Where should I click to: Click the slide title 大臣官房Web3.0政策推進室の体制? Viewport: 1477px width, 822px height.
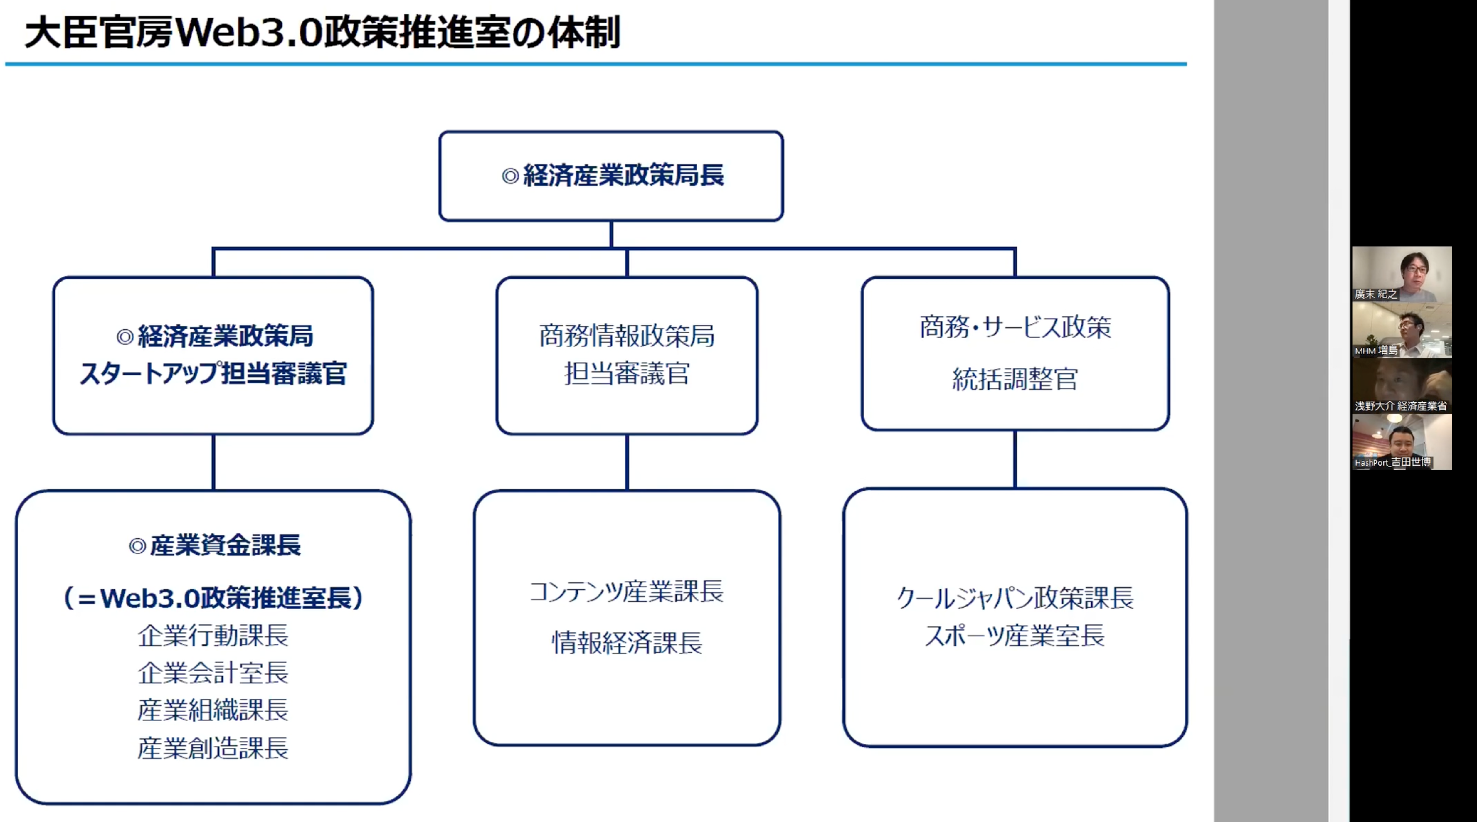(322, 33)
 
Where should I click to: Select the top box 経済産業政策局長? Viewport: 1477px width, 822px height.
(611, 176)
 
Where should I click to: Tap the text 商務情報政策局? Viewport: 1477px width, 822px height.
(627, 336)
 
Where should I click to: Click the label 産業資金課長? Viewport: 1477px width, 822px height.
(225, 545)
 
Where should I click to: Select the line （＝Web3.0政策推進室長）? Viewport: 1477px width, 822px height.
(213, 598)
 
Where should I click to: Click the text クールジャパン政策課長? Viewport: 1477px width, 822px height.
(1015, 598)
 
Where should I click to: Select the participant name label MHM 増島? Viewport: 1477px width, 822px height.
(1376, 350)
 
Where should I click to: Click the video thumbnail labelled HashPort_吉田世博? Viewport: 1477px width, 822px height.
(1402, 442)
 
